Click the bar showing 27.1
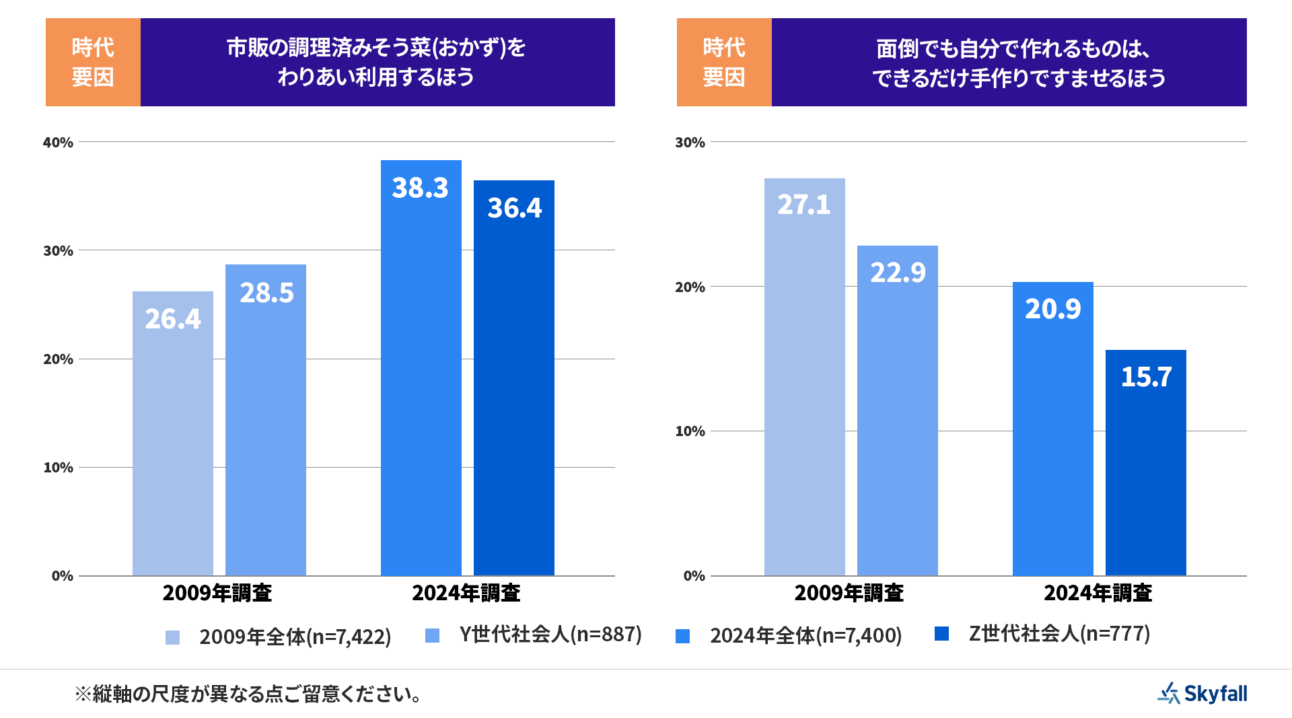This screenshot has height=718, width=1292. [x=805, y=377]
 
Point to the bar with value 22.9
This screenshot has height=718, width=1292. [x=898, y=410]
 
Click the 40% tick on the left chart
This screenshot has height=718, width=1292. [x=58, y=143]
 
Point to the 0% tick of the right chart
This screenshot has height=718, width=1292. [x=694, y=576]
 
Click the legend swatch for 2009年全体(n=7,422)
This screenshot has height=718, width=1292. [x=173, y=637]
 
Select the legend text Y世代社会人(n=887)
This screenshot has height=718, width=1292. [x=550, y=635]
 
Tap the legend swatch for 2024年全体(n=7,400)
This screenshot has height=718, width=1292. [x=683, y=637]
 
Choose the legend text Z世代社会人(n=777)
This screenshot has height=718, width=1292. [x=1059, y=634]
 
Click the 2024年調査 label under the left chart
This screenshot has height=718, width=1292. [x=466, y=593]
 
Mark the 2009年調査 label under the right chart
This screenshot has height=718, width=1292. [x=849, y=593]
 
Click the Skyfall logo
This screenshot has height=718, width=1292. [x=1203, y=693]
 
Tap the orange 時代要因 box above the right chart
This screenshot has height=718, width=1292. [x=724, y=62]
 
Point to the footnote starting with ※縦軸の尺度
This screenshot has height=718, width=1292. [x=249, y=694]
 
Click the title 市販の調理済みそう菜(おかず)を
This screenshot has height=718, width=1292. [x=376, y=48]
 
